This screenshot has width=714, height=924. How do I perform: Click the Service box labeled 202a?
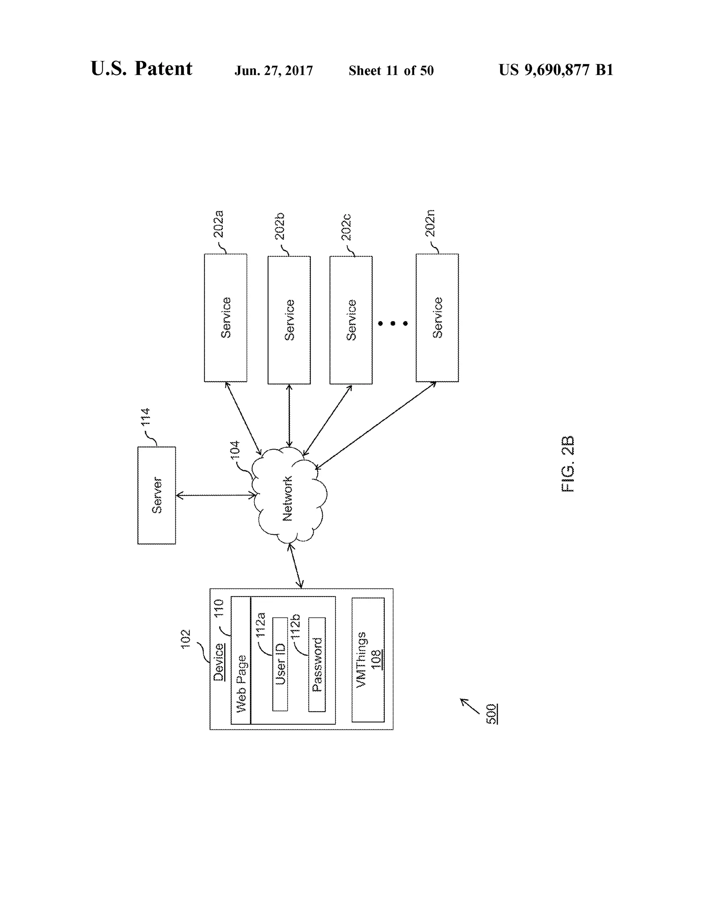click(226, 318)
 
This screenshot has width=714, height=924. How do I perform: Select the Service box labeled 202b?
click(289, 320)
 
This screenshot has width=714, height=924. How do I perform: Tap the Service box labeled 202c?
click(351, 320)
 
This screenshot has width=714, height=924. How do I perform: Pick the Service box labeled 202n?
click(437, 318)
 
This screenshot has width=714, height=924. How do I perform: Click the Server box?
click(157, 495)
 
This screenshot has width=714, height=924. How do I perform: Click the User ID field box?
click(280, 664)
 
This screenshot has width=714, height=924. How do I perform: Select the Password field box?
click(317, 664)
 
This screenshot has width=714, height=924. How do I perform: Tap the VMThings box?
click(367, 660)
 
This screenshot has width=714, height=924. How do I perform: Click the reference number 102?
click(186, 639)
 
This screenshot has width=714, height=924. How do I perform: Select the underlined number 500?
click(491, 714)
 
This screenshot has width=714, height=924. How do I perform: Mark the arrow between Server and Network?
click(216, 495)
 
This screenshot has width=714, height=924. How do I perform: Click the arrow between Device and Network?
click(296, 566)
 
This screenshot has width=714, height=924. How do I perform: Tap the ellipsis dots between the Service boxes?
click(393, 323)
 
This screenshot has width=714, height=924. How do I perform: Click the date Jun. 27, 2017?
click(274, 71)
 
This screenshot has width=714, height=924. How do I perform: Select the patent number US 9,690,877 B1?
click(556, 70)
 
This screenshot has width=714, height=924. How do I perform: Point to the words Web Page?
click(241, 684)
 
